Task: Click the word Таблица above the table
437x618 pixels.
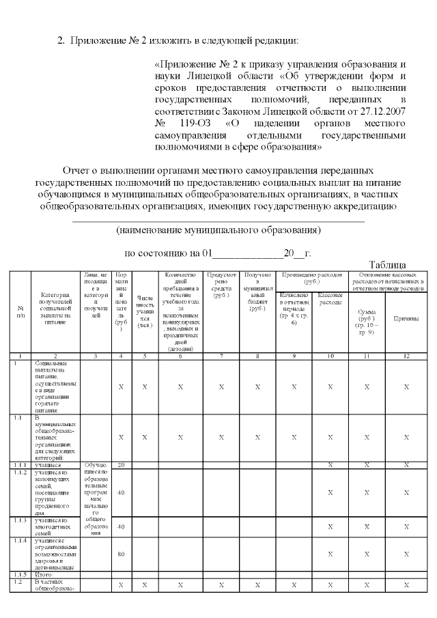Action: coord(389,264)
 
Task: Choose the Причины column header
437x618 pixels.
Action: coord(406,318)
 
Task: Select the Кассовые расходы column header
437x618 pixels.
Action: coord(330,298)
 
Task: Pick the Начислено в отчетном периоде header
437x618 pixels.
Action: coord(294,309)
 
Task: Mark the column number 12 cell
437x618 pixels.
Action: coord(406,356)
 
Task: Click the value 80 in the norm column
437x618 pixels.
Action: coord(121,554)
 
